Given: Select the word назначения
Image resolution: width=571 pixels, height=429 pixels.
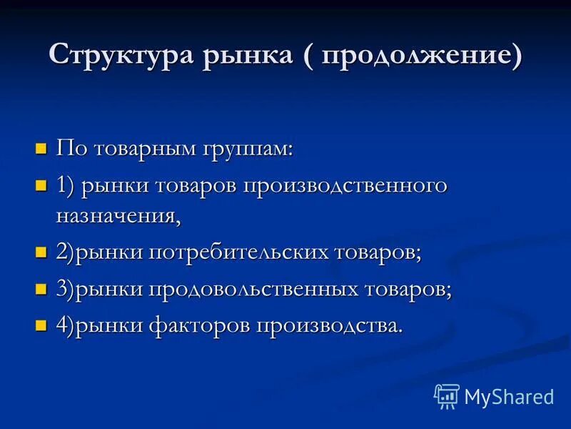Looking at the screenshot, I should pyautogui.click(x=118, y=215).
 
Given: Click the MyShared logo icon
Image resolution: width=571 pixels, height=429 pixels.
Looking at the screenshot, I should pyautogui.click(x=447, y=396).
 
